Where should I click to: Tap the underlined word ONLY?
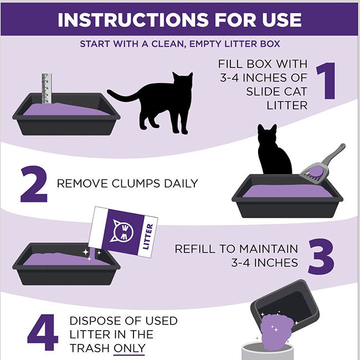pyautogui.click(x=129, y=348)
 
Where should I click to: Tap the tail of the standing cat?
pyautogui.click(x=119, y=96)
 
